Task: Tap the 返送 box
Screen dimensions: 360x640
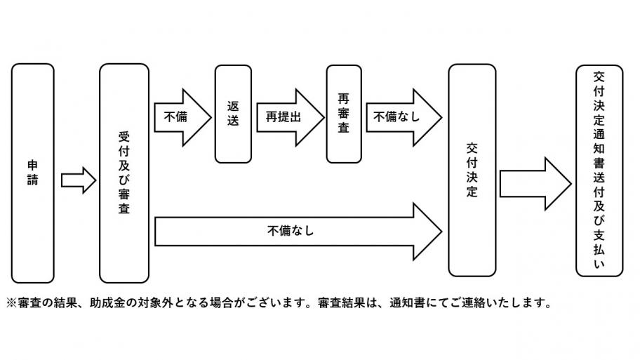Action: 233,113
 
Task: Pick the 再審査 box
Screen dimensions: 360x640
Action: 344,113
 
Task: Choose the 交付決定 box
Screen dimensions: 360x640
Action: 472,170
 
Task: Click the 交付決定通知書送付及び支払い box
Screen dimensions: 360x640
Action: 599,170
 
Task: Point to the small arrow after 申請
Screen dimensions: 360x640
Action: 78,180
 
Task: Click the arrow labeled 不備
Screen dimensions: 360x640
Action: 181,116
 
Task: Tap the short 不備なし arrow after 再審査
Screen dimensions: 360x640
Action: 403,116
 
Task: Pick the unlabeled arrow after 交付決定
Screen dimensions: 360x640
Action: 535,185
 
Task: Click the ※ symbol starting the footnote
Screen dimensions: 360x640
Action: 11,304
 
